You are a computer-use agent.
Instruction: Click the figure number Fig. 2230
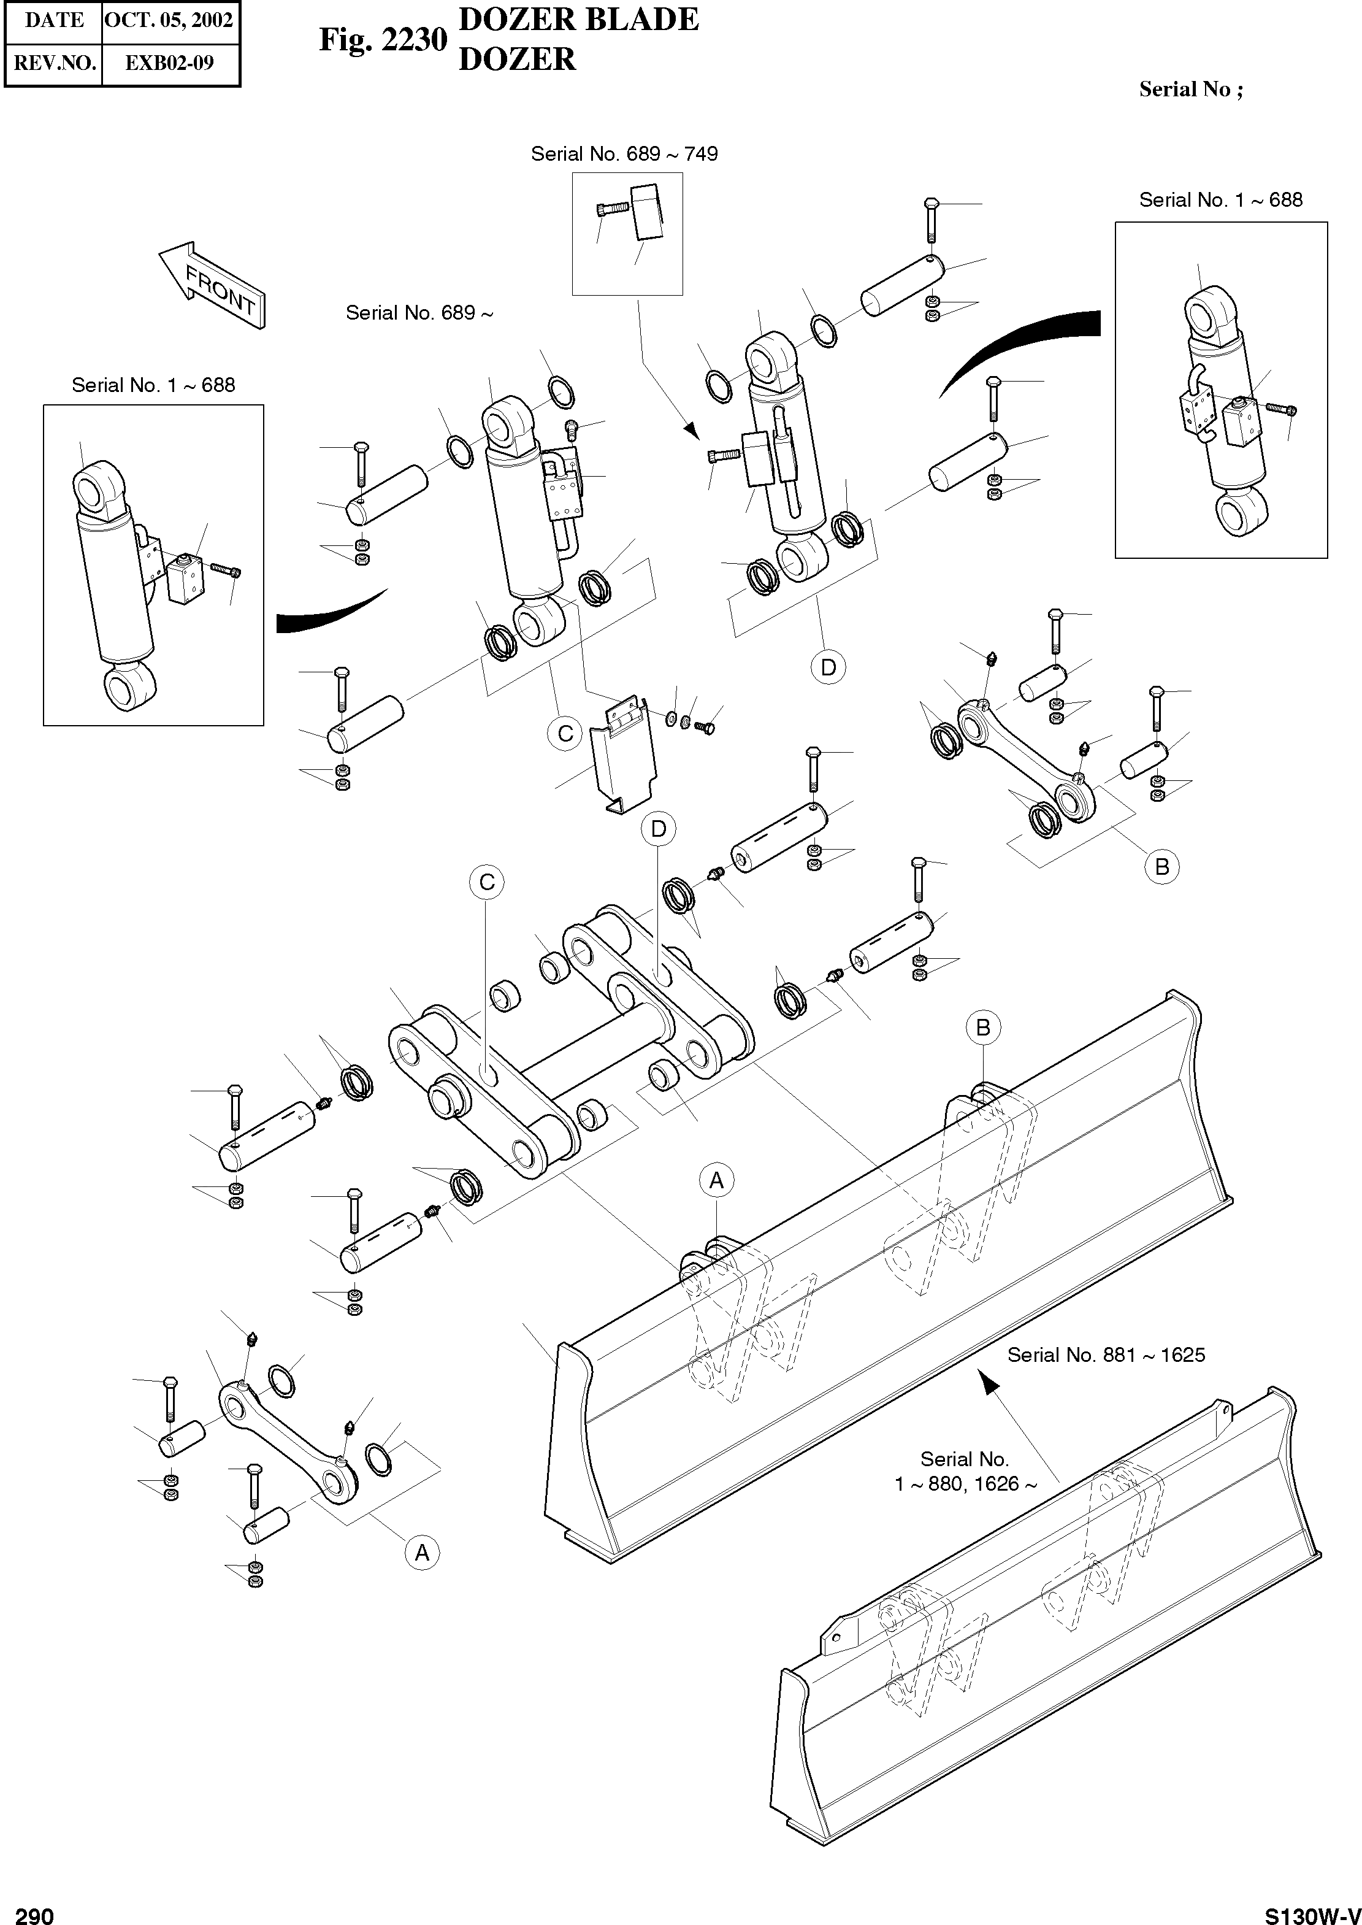coord(383,39)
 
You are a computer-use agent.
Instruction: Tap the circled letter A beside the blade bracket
coord(716,1181)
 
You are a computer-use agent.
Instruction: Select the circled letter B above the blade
coord(984,1028)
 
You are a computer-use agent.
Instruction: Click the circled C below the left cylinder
coord(565,733)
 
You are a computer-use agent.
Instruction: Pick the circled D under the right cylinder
coord(828,667)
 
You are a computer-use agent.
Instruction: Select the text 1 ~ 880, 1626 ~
coord(965,1484)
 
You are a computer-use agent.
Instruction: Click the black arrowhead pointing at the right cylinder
coord(691,429)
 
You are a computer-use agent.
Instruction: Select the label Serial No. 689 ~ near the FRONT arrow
coord(419,313)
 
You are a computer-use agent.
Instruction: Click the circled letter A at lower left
coord(422,1553)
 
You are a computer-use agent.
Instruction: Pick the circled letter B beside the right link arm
coord(1161,866)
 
